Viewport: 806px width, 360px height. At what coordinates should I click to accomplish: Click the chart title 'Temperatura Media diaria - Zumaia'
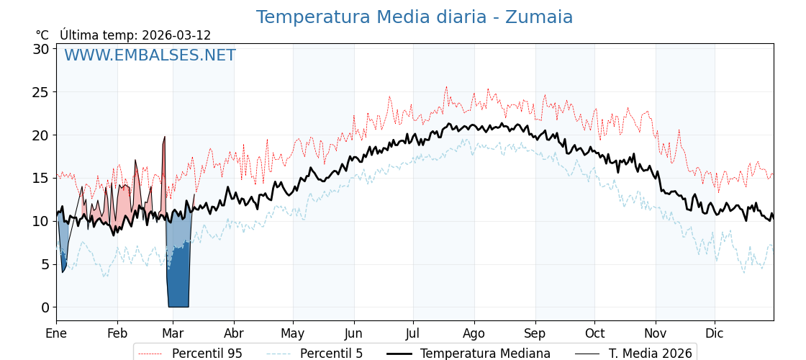tap(415, 17)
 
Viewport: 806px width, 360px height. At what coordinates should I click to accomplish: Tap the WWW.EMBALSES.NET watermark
tap(150, 55)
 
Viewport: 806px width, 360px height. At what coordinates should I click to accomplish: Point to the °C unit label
tap(42, 35)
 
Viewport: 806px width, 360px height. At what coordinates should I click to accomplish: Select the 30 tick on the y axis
tap(40, 49)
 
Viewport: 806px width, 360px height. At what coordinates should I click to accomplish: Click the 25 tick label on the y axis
tap(40, 92)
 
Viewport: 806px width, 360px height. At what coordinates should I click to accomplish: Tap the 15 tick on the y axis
tap(40, 178)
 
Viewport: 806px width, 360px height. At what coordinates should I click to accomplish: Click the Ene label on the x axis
tap(56, 333)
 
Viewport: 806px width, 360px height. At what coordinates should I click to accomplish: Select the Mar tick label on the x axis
tap(173, 333)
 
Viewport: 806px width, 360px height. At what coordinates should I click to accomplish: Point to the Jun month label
tap(353, 333)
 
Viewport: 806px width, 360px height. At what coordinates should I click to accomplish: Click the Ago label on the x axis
tap(474, 333)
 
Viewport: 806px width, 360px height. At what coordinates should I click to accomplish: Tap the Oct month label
tap(594, 333)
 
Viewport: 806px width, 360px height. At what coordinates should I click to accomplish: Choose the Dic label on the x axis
tap(715, 333)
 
